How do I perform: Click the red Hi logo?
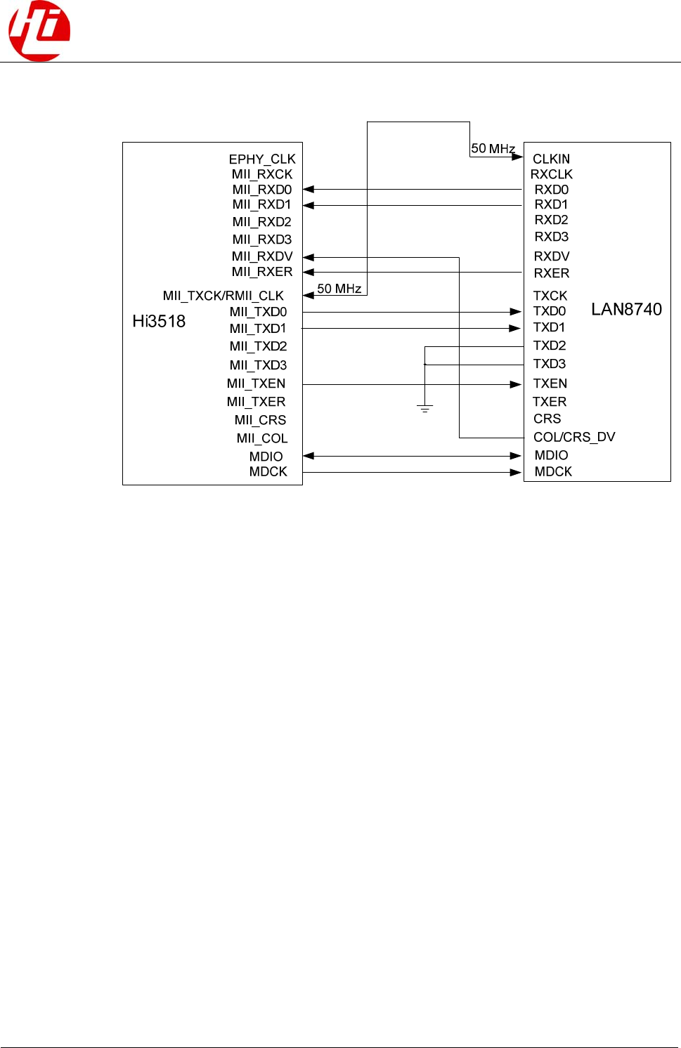tap(39, 31)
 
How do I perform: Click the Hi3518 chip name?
tap(159, 321)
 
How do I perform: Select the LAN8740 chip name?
tap(626, 309)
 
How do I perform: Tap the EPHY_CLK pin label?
tap(262, 159)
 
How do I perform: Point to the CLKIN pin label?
tap(551, 159)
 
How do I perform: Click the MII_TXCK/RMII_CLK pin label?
tap(223, 296)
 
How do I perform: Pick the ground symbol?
tap(424, 408)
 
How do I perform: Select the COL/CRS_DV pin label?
tap(574, 437)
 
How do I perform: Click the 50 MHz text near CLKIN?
tap(493, 148)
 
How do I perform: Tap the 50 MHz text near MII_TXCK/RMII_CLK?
tap(339, 288)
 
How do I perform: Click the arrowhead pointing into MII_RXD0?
tap(309, 189)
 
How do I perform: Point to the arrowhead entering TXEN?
tap(516, 384)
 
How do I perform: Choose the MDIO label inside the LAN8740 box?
tap(551, 455)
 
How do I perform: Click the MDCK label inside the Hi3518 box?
tap(268, 472)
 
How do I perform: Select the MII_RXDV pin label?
tap(262, 256)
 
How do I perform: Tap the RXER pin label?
tap(552, 273)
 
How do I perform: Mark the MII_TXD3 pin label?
tap(258, 365)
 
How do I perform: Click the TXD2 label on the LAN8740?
tap(550, 346)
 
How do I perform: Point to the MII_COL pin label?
tap(262, 438)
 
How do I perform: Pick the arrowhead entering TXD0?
tap(516, 312)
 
